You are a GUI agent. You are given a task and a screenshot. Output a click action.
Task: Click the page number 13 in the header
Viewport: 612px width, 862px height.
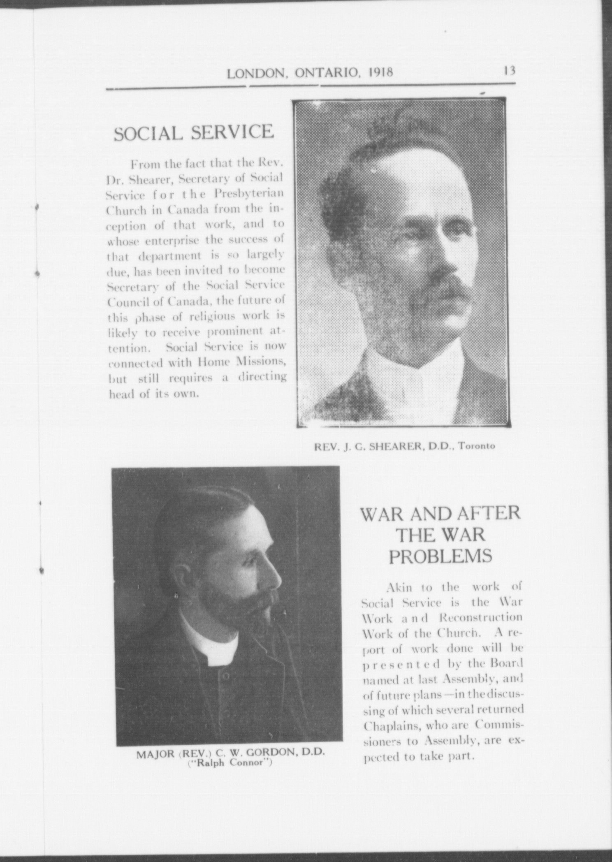point(509,71)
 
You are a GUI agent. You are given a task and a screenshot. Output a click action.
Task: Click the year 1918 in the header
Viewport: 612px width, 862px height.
point(380,73)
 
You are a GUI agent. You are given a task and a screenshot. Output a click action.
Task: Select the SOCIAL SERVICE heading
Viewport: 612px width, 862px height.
point(193,132)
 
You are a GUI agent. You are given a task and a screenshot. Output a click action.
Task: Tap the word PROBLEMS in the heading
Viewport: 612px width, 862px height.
point(440,556)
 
